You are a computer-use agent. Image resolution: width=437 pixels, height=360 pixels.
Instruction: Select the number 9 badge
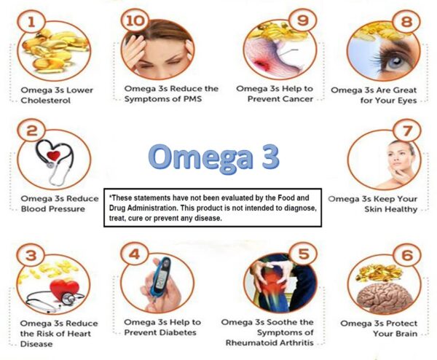pos(298,18)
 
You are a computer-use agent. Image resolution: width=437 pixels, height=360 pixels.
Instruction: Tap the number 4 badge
pos(134,256)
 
